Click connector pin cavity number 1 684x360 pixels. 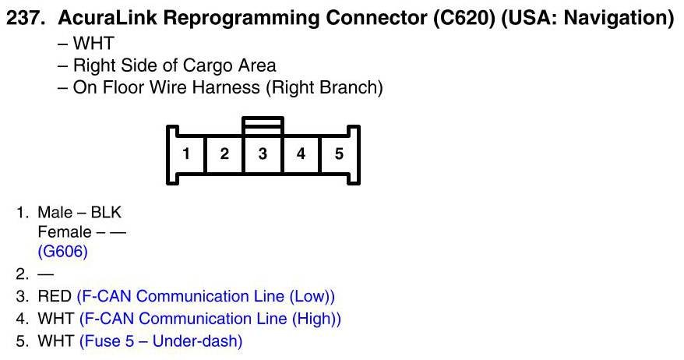(186, 154)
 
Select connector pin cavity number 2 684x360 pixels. (224, 154)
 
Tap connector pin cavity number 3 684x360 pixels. (263, 154)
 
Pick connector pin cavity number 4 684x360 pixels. (301, 154)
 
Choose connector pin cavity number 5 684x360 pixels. (339, 154)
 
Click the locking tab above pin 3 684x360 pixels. (263, 125)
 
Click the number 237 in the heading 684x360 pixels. (23, 18)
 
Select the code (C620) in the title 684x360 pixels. (462, 18)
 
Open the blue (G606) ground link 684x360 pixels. (62, 252)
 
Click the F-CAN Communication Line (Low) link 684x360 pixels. (206, 297)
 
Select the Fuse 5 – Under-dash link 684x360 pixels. (160, 341)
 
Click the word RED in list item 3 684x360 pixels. (55, 297)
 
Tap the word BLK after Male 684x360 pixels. (106, 213)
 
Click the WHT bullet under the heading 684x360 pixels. (93, 44)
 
